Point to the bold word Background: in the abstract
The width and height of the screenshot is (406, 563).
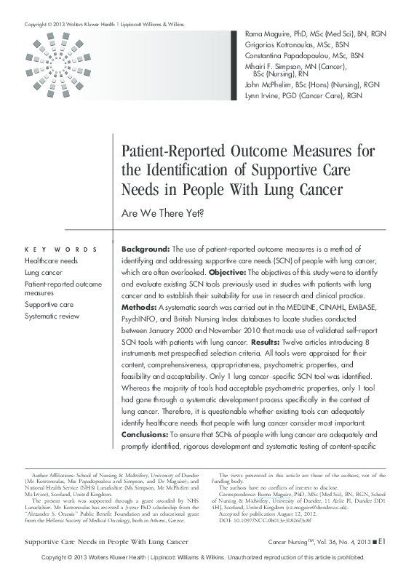(146, 249)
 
